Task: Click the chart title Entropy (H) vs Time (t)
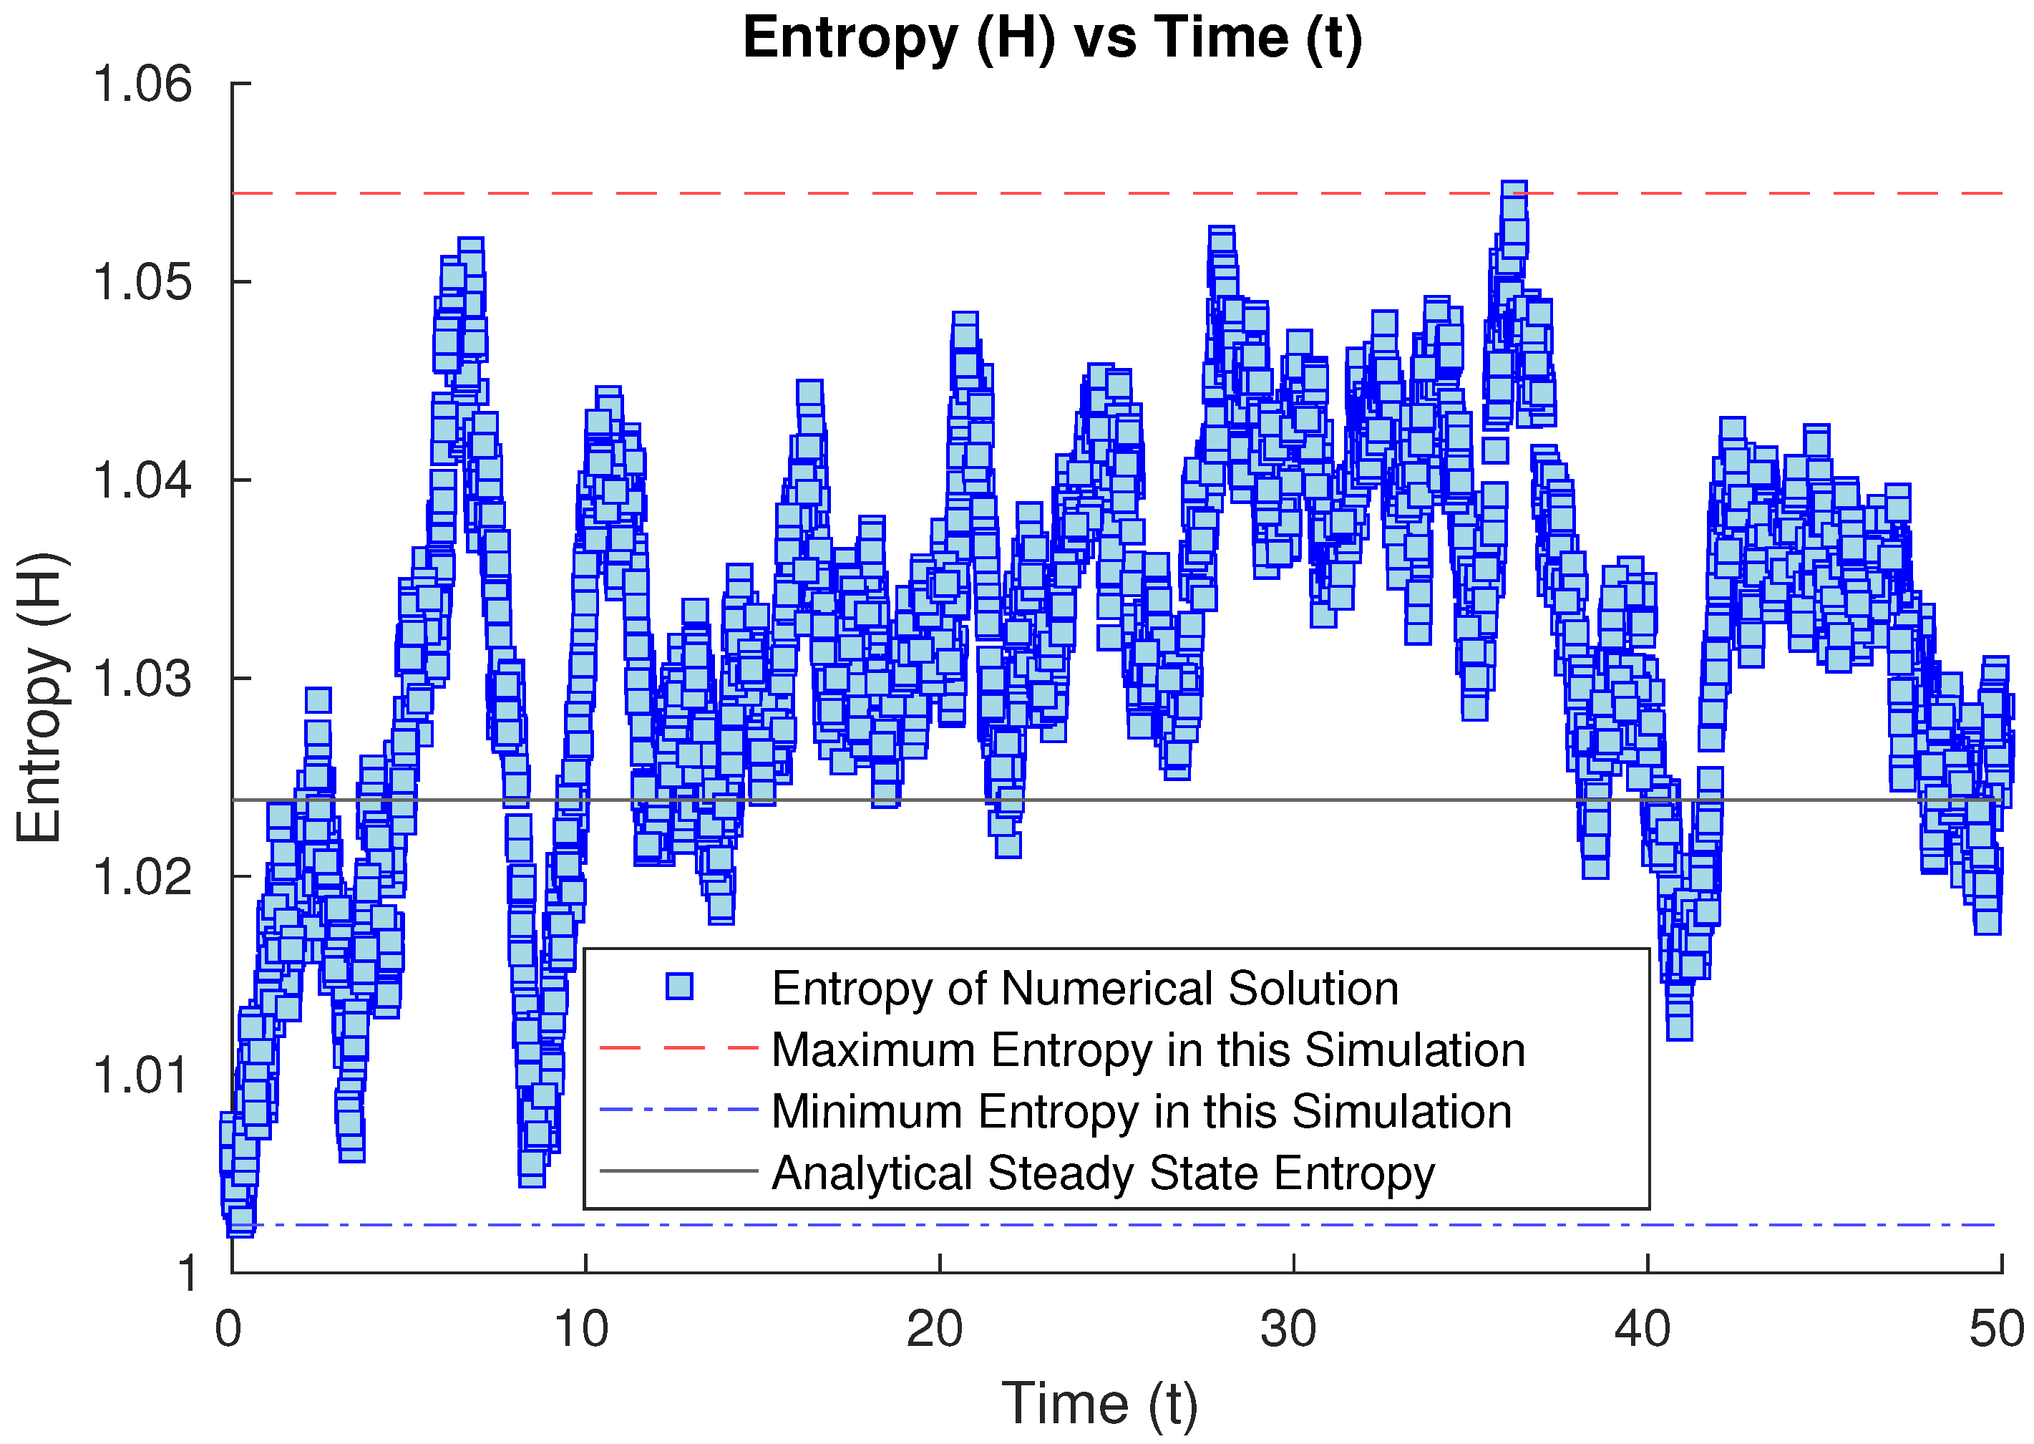[1053, 38]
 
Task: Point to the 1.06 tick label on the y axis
[142, 84]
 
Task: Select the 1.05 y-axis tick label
[142, 283]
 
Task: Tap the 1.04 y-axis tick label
[142, 481]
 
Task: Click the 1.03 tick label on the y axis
[142, 679]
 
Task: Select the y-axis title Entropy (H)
[40, 698]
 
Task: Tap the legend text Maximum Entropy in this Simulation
[1149, 1050]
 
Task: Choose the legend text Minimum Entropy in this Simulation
[1142, 1111]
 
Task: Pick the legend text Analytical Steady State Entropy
[1103, 1173]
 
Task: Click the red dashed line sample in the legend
[679, 1048]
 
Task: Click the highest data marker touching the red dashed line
[1514, 194]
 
